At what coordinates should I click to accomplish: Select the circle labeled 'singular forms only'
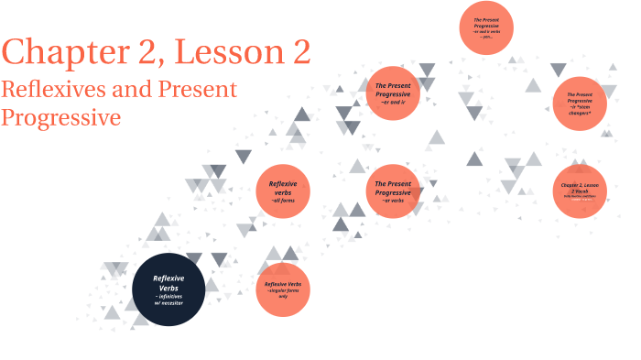click(x=283, y=289)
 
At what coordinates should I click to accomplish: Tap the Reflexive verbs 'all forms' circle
click(x=283, y=191)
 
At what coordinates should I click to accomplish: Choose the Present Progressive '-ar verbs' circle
click(x=393, y=191)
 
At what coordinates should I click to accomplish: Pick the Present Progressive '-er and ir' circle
click(x=393, y=92)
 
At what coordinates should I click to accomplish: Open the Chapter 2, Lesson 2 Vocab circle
click(x=580, y=191)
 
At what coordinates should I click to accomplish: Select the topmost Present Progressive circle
click(x=485, y=27)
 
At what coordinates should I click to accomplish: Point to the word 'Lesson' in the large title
click(x=230, y=52)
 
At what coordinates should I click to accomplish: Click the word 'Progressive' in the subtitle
click(x=60, y=117)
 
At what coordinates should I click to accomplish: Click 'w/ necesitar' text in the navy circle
click(x=169, y=303)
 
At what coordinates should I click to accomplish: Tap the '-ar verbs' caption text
click(x=393, y=202)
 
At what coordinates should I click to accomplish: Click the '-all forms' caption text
click(x=282, y=201)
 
